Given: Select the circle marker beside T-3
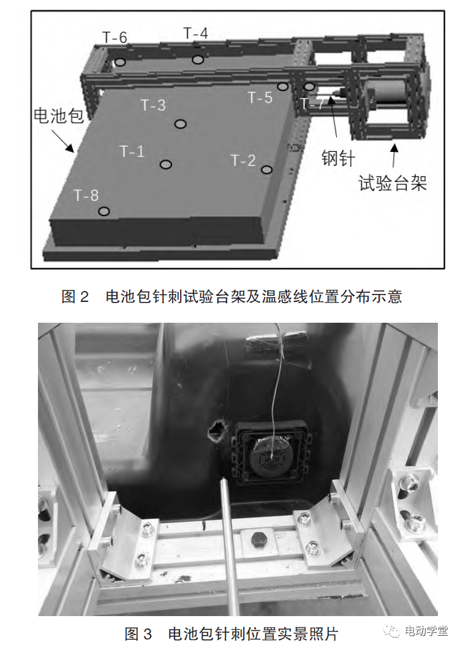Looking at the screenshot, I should [180, 124].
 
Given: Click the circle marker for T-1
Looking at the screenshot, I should [165, 164].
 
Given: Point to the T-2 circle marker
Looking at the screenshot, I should [266, 170].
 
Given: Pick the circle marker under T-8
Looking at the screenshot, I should [104, 211].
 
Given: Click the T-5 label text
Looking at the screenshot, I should [260, 97].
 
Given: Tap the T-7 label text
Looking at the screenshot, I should [312, 104].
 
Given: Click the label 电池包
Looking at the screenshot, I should [59, 116].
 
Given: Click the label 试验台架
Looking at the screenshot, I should [392, 183].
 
